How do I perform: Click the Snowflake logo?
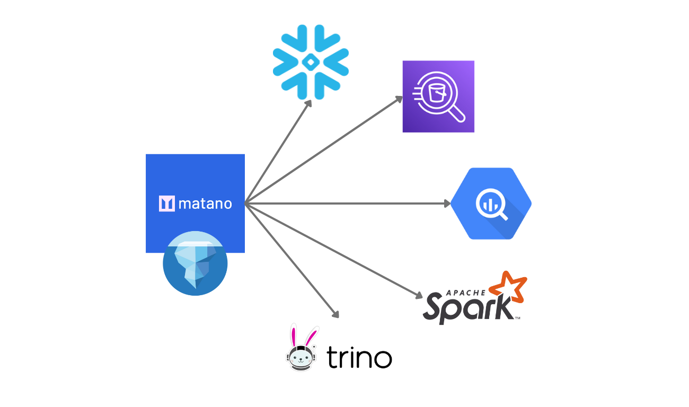point(311,62)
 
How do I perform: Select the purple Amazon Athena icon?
point(438,96)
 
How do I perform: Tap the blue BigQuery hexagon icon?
point(491,203)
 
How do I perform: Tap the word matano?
point(205,203)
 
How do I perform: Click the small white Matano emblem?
point(166,203)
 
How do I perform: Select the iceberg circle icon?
point(195,263)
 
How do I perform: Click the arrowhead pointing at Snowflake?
point(308,102)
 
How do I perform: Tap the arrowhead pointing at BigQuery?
point(447,203)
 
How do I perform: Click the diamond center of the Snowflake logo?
point(311,63)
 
